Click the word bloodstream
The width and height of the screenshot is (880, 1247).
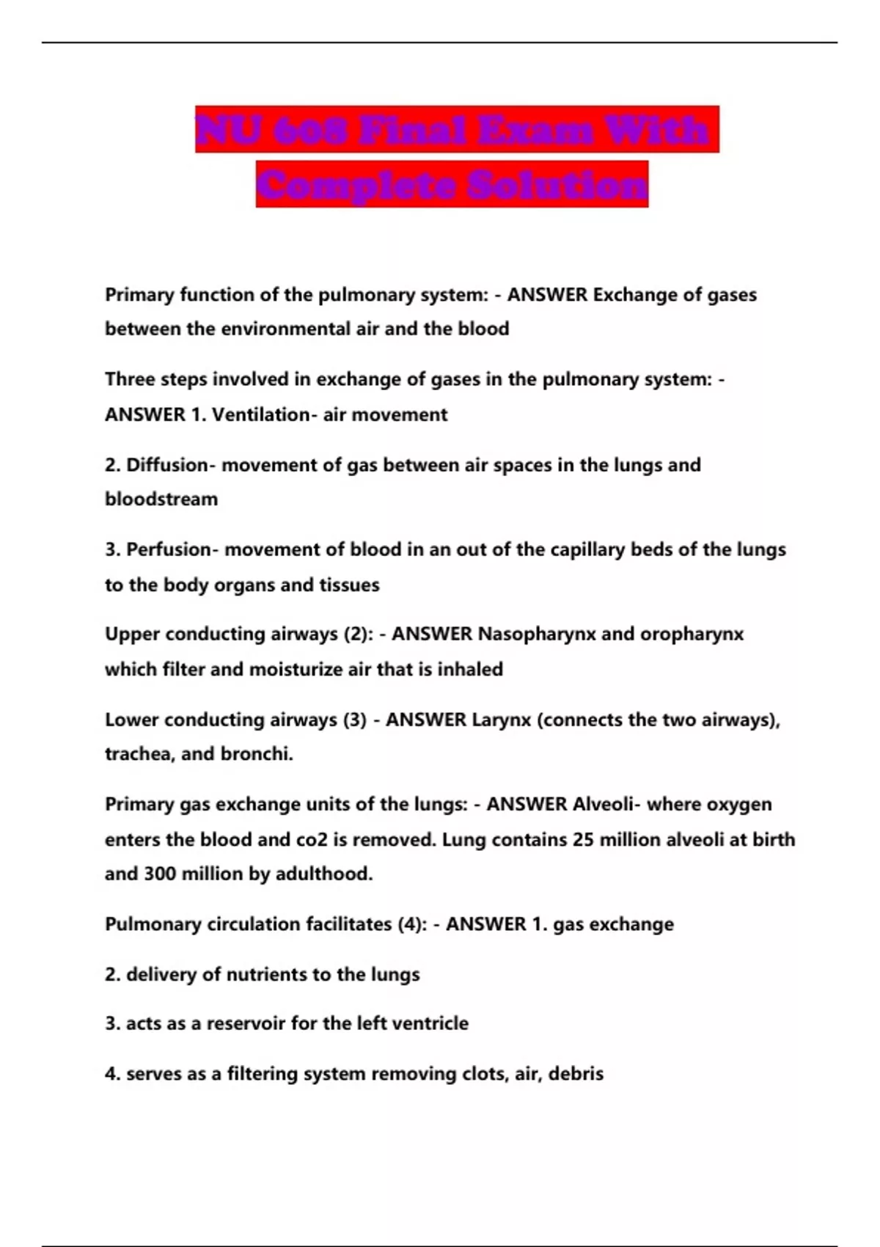pos(161,500)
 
